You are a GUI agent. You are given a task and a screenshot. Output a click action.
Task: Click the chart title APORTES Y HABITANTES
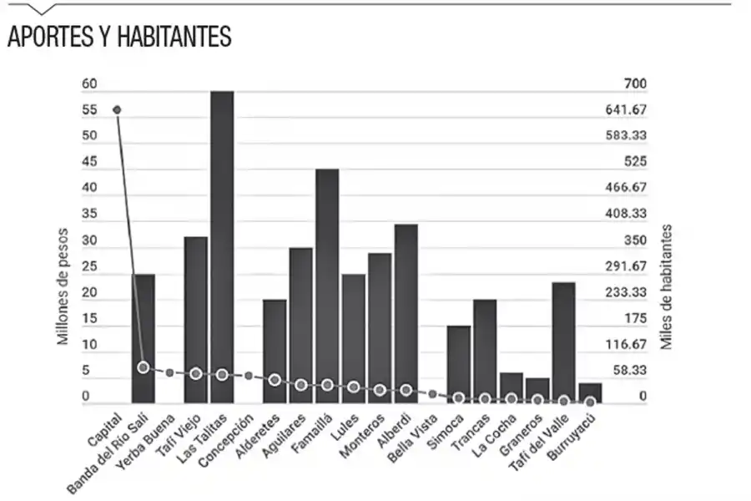point(119,38)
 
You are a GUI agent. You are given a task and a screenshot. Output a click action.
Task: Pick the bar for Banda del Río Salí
point(144,338)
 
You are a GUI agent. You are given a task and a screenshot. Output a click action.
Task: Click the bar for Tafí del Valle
point(563,342)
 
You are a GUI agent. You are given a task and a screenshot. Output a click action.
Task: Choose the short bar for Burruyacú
point(590,393)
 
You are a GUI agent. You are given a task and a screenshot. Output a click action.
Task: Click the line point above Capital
point(117,109)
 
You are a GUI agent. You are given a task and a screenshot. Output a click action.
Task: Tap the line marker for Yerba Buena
point(169,372)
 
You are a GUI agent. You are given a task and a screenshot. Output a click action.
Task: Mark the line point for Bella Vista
point(432,393)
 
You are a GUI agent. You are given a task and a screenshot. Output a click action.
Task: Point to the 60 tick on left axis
point(89,83)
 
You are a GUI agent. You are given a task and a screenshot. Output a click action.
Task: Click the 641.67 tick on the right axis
point(626,109)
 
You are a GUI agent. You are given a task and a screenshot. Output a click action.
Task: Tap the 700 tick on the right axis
point(635,83)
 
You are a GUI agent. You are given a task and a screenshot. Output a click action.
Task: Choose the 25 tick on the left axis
point(89,266)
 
